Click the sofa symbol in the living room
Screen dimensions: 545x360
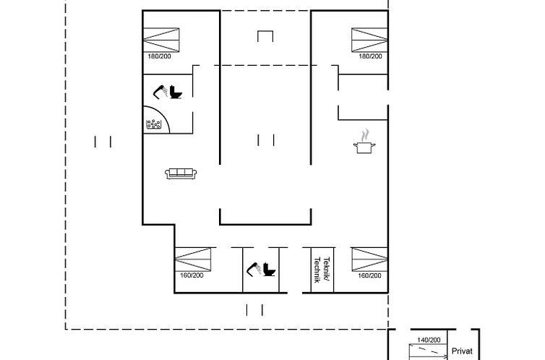coord(181,173)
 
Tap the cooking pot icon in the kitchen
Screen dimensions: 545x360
coord(364,147)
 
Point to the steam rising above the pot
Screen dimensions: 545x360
coord(364,135)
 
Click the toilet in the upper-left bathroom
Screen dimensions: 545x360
coord(176,92)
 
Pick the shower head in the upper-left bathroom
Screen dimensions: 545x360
coord(160,92)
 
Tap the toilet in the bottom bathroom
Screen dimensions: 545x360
coord(269,270)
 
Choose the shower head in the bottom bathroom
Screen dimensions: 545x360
coord(254,270)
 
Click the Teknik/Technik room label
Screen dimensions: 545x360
coord(322,270)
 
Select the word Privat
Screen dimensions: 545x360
coord(462,351)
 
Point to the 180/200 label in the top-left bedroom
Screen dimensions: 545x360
coord(160,56)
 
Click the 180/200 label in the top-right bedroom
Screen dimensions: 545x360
coord(371,56)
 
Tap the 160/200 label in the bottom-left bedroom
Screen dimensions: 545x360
coord(192,275)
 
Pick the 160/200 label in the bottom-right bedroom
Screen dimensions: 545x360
coord(370,275)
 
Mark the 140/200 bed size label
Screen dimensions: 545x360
coord(429,340)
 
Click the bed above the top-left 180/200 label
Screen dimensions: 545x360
coord(161,40)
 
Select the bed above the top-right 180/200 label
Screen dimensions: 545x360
coord(369,40)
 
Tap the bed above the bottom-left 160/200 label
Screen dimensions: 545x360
coord(193,260)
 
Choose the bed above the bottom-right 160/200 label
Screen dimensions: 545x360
coord(369,260)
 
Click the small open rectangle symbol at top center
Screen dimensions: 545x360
coord(265,31)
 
